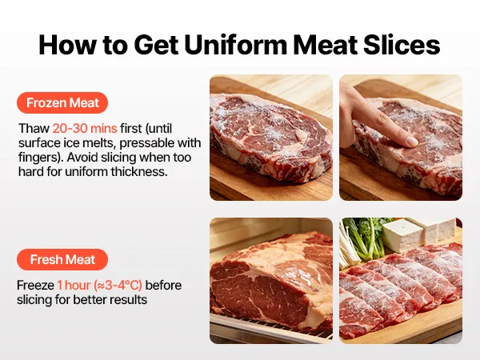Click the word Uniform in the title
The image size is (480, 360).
[236, 44]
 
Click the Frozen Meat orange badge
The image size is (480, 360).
[62, 103]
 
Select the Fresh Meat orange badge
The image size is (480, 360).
[62, 259]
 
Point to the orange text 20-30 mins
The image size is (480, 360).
[85, 128]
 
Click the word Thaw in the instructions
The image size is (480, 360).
[34, 128]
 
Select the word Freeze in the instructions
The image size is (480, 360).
[35, 285]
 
